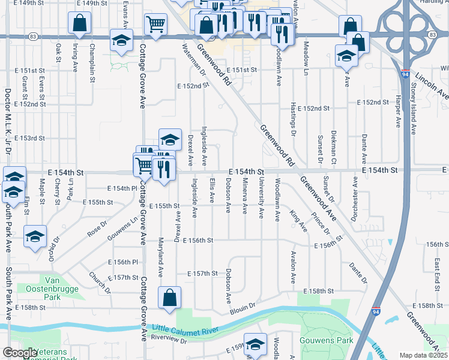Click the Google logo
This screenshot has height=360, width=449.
(20, 353)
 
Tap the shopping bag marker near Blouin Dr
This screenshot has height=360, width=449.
(170, 296)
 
